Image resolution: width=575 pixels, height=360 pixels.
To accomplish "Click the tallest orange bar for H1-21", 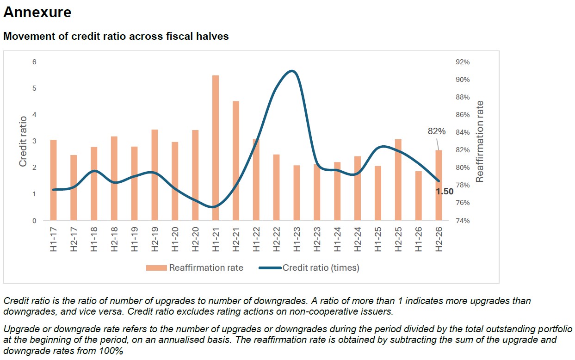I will click(215, 148).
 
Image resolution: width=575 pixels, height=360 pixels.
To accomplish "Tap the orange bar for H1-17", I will click(54, 180).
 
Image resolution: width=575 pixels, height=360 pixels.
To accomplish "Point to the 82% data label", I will click(436, 132).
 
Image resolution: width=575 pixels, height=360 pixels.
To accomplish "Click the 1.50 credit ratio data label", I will click(445, 192).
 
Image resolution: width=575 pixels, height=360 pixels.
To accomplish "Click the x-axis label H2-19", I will click(155, 239).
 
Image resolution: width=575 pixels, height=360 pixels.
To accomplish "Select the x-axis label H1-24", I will click(337, 239).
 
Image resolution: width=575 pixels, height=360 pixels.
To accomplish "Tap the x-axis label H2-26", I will click(439, 239).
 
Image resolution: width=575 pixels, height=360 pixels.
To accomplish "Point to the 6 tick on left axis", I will click(34, 62).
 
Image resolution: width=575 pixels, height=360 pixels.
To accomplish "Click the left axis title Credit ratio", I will click(23, 141).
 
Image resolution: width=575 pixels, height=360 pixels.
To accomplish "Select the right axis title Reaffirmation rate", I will click(480, 141).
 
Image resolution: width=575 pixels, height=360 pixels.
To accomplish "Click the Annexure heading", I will click(37, 12).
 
